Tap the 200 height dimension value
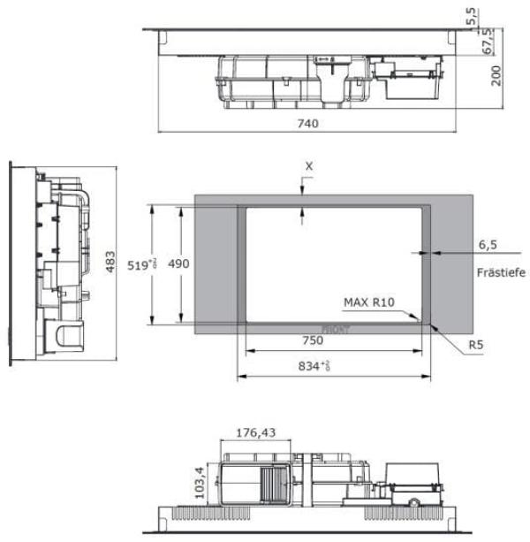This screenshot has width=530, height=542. [x=496, y=74]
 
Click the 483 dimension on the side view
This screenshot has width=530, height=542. [x=110, y=263]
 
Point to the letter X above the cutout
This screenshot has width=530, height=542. [x=308, y=165]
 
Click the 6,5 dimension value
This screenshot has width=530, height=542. [x=488, y=243]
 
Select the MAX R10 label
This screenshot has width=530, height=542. [x=369, y=302]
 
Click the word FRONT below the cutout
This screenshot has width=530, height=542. [x=335, y=329]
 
